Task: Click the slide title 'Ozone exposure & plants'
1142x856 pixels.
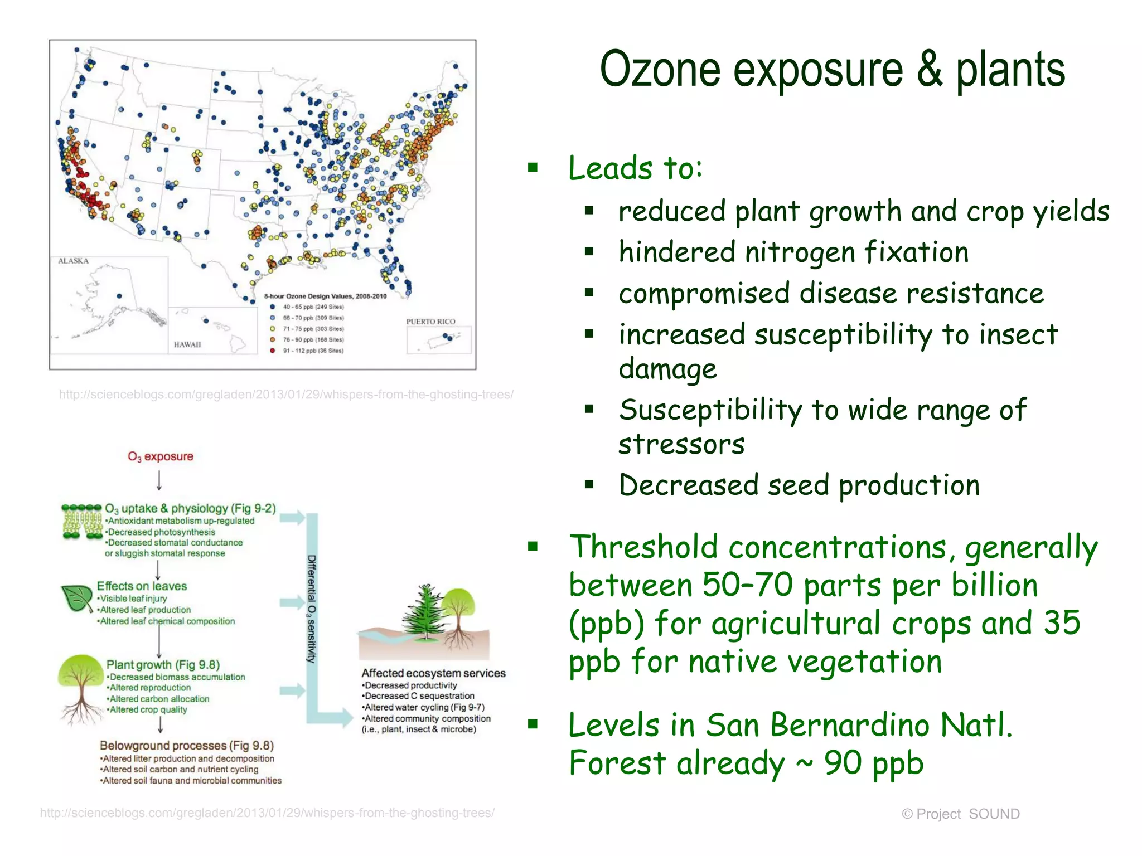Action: pos(832,69)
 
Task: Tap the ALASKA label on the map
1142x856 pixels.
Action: pos(73,261)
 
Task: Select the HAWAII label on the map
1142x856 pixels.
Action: pos(187,344)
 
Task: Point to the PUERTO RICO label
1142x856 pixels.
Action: pos(430,322)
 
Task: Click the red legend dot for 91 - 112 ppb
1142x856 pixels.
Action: pos(272,351)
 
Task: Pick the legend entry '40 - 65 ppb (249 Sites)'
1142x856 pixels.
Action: pos(313,307)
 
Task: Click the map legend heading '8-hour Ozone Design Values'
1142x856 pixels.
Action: pos(325,296)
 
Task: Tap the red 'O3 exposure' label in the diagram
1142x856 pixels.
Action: pos(160,456)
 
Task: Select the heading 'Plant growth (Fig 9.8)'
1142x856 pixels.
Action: pos(163,664)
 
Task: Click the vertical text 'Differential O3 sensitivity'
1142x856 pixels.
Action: pos(312,609)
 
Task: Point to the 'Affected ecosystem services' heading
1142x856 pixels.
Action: pos(433,673)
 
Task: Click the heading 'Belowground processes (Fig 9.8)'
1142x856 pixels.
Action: pos(186,745)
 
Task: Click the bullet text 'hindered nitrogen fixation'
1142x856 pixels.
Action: pos(793,252)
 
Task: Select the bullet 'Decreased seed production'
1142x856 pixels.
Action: pos(799,485)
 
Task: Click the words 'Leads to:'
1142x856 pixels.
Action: pos(635,168)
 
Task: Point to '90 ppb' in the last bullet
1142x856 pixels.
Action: pos(874,763)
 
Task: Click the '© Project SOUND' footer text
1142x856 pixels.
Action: pos(960,814)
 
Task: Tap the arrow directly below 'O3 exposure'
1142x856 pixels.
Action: pos(159,480)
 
